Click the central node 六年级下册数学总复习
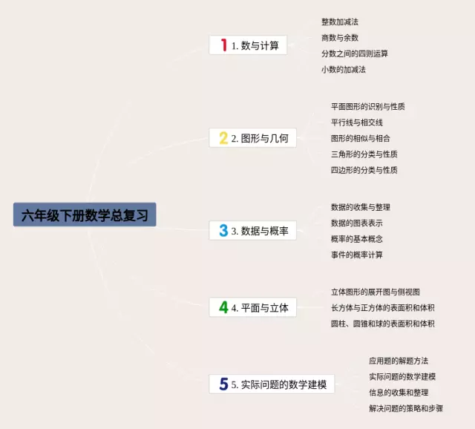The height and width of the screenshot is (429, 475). pyautogui.click(x=85, y=214)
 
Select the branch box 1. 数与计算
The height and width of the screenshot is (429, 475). pyautogui.click(x=248, y=45)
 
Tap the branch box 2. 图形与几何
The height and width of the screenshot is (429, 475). pyautogui.click(x=252, y=138)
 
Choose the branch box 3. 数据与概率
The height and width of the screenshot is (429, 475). pyautogui.click(x=252, y=231)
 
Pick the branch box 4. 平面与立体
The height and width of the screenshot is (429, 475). pyautogui.click(x=252, y=307)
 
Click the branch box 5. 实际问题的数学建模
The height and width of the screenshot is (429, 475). pyautogui.click(x=272, y=384)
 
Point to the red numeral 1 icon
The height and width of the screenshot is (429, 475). pyautogui.click(x=224, y=45)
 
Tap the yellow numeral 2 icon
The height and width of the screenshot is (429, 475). pyautogui.click(x=223, y=138)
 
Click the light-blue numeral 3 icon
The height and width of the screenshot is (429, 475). pyautogui.click(x=223, y=231)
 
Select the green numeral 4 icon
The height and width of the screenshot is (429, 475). pyautogui.click(x=223, y=307)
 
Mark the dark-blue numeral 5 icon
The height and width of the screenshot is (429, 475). pyautogui.click(x=223, y=384)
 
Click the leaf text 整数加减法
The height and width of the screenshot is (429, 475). pyautogui.click(x=340, y=22)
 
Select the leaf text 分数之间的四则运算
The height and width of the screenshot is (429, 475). pyautogui.click(x=355, y=53)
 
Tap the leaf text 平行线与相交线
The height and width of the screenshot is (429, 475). pyautogui.click(x=357, y=122)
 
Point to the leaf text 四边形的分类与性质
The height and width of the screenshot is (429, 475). pyautogui.click(x=364, y=170)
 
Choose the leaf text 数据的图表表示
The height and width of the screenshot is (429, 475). pyautogui.click(x=357, y=223)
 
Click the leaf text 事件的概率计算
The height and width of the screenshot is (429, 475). pyautogui.click(x=357, y=255)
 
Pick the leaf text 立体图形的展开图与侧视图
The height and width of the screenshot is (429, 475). pyautogui.click(x=376, y=292)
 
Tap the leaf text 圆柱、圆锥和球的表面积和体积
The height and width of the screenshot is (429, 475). pyautogui.click(x=383, y=324)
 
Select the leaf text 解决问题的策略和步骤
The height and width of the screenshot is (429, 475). pyautogui.click(x=406, y=408)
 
